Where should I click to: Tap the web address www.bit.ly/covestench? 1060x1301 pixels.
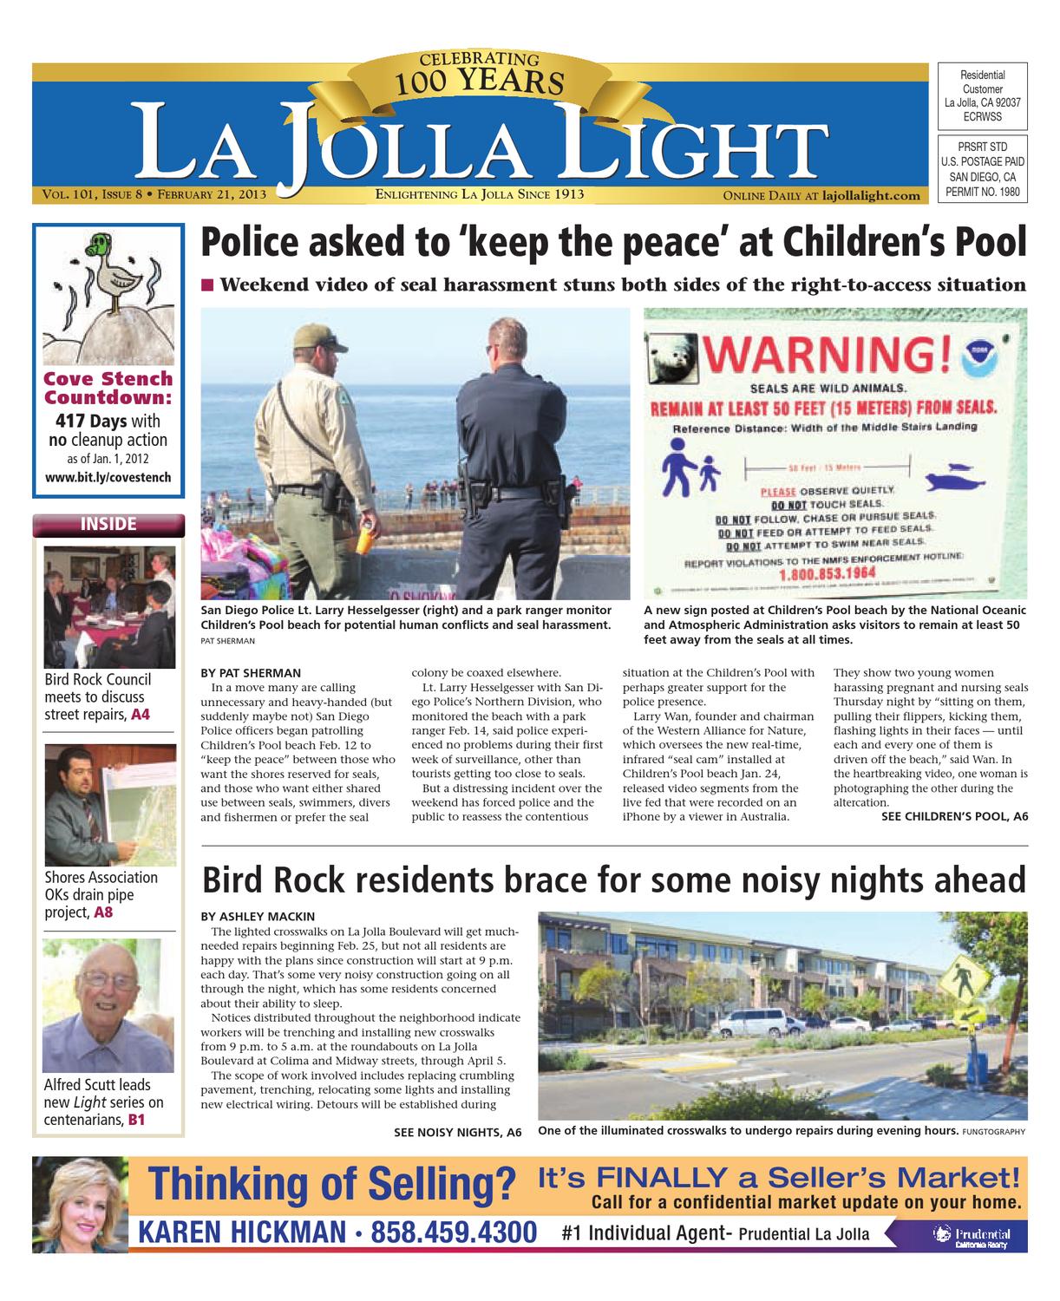(x=108, y=478)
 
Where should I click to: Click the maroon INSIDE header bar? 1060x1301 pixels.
(x=108, y=525)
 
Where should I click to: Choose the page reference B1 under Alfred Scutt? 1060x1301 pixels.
(x=137, y=1121)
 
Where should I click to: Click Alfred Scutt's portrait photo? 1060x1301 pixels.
(x=102, y=1006)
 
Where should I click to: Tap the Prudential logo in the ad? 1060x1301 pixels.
(x=971, y=1236)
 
